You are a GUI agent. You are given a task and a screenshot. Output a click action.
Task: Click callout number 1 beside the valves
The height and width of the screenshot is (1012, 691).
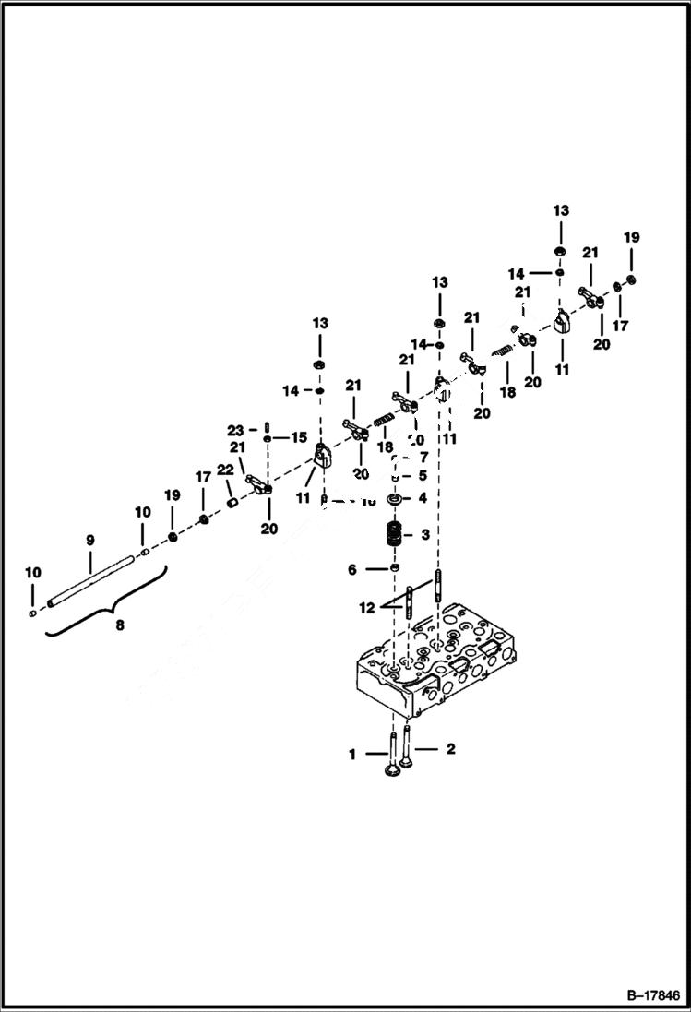click(351, 754)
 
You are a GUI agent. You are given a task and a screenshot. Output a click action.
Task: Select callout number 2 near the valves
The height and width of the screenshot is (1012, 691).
click(450, 749)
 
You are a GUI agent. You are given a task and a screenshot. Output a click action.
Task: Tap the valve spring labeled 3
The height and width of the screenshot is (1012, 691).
click(395, 535)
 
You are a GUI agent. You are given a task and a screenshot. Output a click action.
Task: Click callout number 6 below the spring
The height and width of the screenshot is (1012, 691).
click(351, 570)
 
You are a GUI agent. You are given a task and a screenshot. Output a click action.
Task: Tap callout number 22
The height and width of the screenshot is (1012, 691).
click(225, 470)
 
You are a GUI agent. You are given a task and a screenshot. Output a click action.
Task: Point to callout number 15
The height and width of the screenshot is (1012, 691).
click(299, 436)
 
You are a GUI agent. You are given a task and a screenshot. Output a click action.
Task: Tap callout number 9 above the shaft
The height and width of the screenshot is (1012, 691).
click(90, 540)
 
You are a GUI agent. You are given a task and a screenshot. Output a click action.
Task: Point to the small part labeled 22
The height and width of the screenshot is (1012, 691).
click(233, 502)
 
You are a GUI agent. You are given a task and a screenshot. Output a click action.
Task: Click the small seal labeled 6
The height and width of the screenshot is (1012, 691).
click(394, 569)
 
